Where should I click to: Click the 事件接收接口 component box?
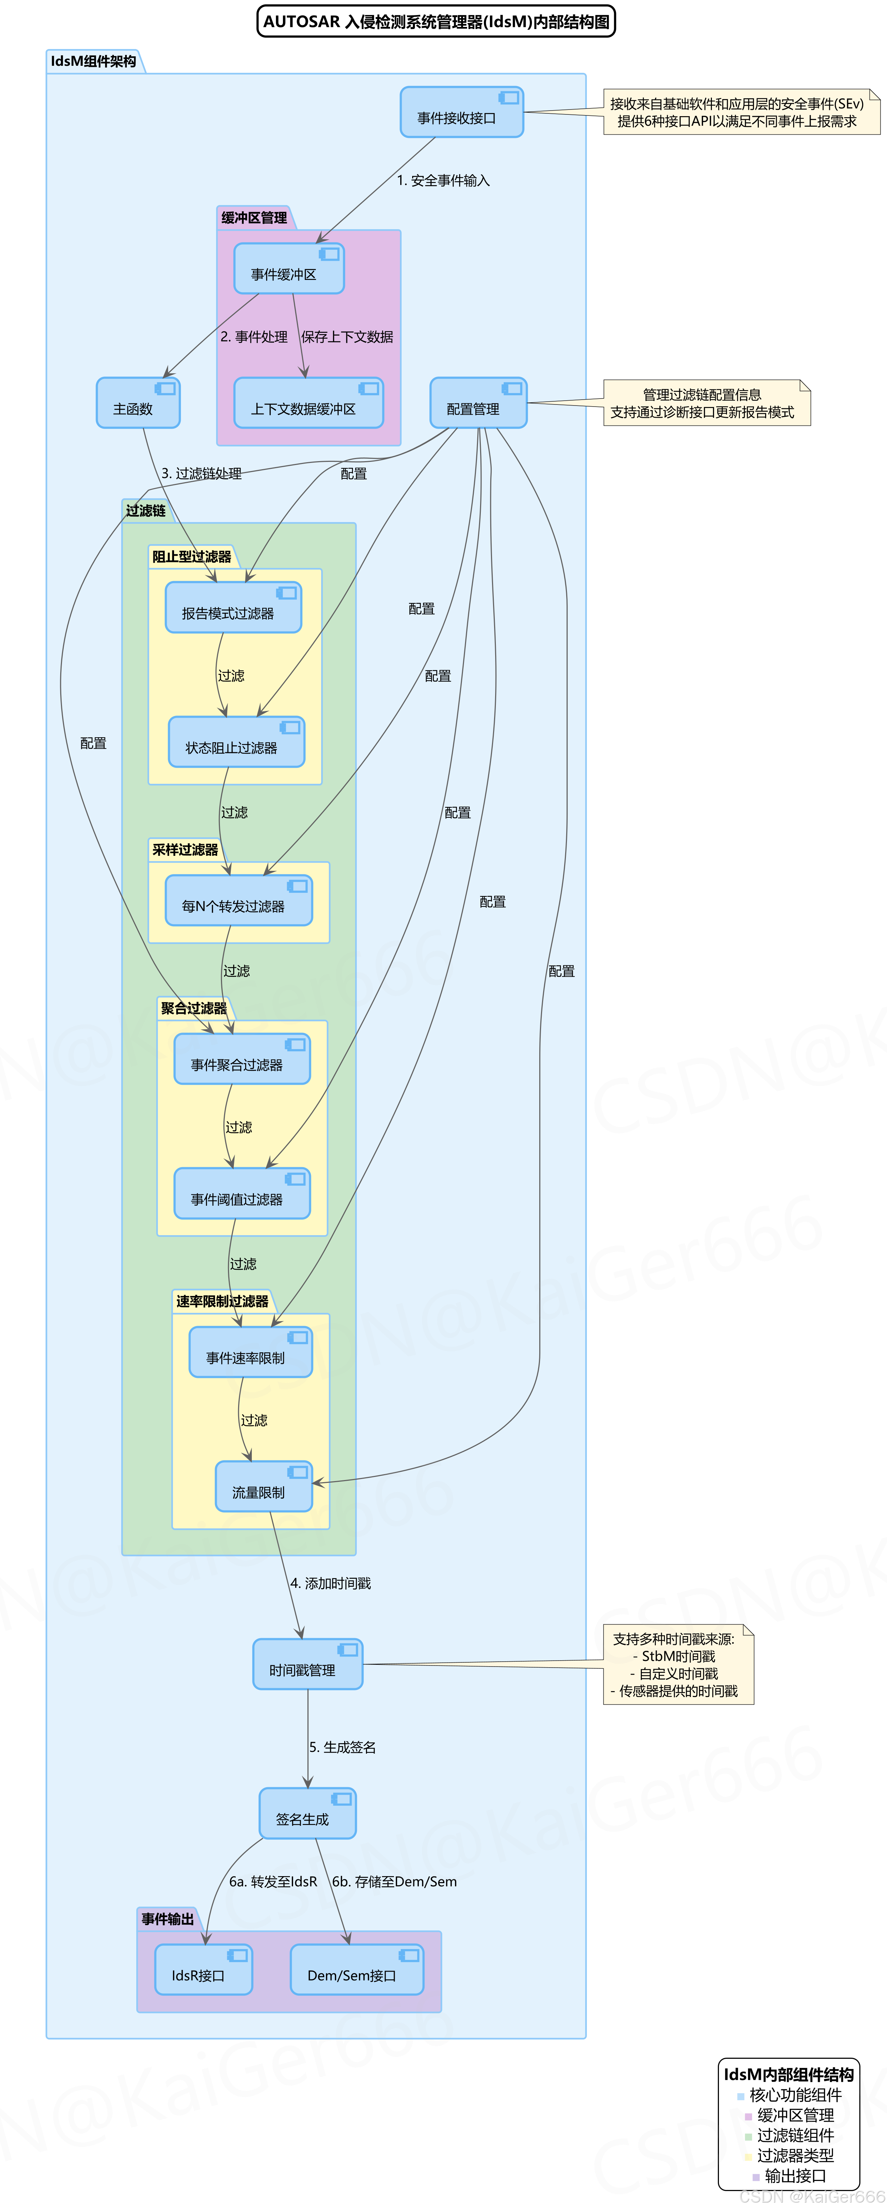(461, 112)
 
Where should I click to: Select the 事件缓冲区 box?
(289, 269)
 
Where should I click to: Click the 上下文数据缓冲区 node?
(307, 403)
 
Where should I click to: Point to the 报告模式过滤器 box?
(233, 608)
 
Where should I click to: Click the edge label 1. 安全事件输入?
(443, 180)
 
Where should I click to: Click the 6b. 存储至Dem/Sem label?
(394, 1881)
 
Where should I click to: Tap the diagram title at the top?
(436, 21)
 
